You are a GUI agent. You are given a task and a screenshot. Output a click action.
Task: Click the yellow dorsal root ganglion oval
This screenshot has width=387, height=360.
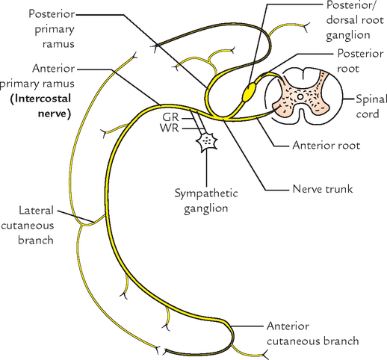coord(250,91)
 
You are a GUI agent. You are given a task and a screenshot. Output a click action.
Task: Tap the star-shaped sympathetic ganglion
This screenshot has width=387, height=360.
coord(205,141)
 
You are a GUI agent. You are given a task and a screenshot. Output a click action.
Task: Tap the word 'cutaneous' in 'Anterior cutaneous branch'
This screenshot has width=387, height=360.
coord(295,341)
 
